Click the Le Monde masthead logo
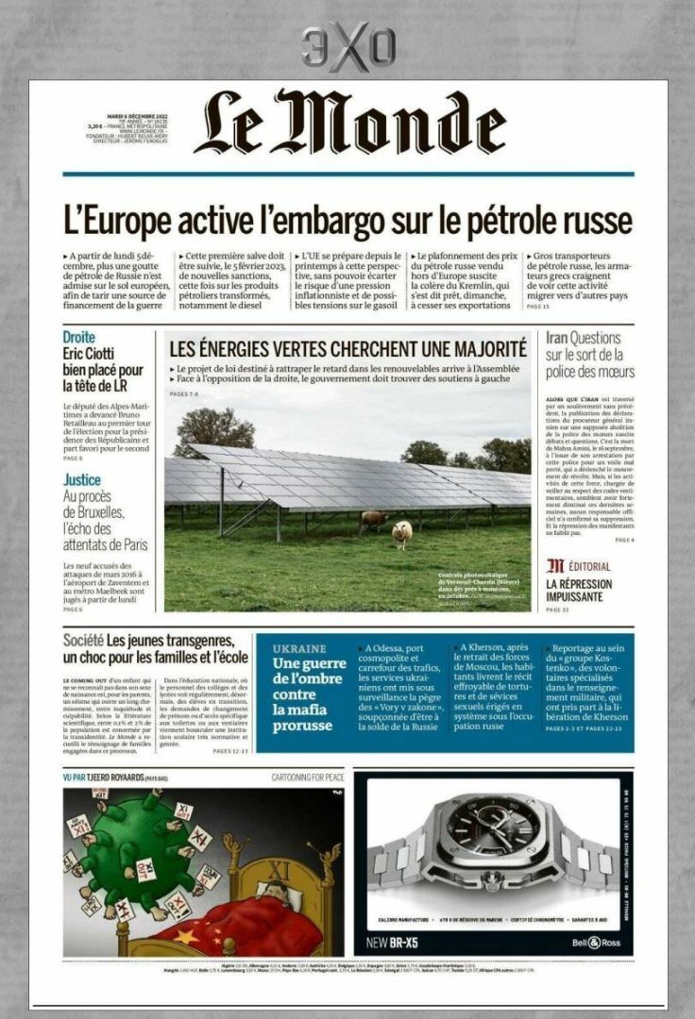pos(349,123)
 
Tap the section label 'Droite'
pos(79,337)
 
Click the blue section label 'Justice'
pos(82,480)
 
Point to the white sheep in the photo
pos(401,533)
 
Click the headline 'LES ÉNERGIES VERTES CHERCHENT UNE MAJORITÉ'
pos(347,347)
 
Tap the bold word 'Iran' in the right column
pos(555,338)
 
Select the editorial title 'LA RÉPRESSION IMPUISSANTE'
pos(579,590)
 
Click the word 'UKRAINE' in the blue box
pos(299,649)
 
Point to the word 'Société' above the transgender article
pos(83,642)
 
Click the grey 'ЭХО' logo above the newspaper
pos(347,47)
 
